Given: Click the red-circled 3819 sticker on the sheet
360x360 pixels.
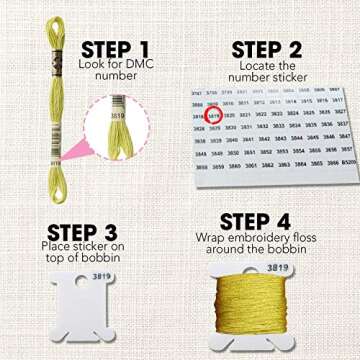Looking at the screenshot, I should [x=214, y=115].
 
